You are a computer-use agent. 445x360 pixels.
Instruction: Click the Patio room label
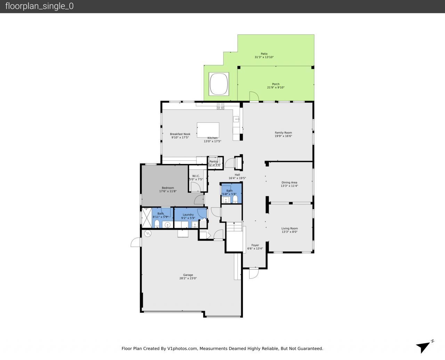click(x=264, y=54)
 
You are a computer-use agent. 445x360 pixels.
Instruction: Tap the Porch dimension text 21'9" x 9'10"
click(x=276, y=88)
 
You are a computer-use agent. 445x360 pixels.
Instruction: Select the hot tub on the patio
click(x=219, y=84)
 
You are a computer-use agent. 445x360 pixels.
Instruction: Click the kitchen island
click(x=208, y=130)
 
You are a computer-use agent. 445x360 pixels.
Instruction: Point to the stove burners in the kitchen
click(x=220, y=106)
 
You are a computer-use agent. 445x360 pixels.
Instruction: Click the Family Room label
click(x=283, y=133)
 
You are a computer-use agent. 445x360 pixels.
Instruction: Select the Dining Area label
click(x=289, y=182)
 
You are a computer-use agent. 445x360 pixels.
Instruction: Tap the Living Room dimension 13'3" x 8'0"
click(x=290, y=232)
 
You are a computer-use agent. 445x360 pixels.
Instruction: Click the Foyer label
click(x=255, y=245)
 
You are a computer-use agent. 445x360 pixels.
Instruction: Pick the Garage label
click(x=188, y=275)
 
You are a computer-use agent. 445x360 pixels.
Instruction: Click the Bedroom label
click(x=168, y=188)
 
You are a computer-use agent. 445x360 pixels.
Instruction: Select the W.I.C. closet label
click(x=196, y=176)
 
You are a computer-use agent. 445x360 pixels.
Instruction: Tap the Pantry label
click(x=214, y=161)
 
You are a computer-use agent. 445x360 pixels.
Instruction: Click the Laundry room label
click(x=188, y=215)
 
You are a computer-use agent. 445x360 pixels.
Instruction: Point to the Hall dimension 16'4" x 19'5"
click(x=237, y=178)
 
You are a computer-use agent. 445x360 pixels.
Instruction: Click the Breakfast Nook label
click(x=180, y=134)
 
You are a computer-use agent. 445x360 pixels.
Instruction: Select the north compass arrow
click(x=424, y=346)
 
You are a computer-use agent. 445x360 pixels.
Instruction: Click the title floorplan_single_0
click(x=39, y=6)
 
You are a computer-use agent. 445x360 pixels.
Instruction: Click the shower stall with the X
click(x=146, y=218)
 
